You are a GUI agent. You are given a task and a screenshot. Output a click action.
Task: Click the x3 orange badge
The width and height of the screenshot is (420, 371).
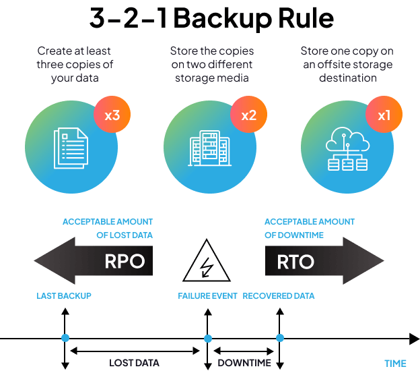coord(112,115)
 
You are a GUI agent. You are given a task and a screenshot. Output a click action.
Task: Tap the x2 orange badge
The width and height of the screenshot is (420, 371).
coord(248,115)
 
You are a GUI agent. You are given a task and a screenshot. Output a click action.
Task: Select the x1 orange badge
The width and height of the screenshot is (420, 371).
coord(384,115)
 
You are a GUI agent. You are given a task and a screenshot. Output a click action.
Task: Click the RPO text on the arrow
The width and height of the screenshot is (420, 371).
coord(125,261)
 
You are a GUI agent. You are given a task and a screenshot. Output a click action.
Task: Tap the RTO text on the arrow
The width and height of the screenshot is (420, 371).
coord(295,261)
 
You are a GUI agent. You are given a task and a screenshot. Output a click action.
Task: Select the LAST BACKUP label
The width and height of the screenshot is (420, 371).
coord(64,296)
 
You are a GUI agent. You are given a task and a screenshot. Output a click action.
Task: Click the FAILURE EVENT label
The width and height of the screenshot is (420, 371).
coord(207,296)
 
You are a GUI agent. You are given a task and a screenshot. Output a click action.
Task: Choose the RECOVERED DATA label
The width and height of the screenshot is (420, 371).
coord(279,296)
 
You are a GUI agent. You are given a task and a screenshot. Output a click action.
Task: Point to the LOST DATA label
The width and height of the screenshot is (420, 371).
coord(134,363)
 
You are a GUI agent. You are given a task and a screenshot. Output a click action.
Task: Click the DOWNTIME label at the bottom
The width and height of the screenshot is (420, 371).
coord(244,363)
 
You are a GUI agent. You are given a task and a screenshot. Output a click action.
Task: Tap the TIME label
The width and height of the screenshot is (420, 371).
coord(396,363)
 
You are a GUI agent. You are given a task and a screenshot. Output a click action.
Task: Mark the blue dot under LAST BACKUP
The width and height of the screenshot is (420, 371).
coord(65,338)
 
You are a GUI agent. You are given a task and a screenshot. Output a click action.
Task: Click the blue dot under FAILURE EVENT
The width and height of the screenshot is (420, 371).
coord(207,338)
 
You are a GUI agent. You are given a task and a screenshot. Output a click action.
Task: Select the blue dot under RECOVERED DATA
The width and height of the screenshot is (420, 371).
coord(279,338)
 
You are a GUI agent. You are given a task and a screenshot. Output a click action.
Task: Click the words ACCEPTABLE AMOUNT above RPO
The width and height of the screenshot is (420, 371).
coord(108,222)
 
